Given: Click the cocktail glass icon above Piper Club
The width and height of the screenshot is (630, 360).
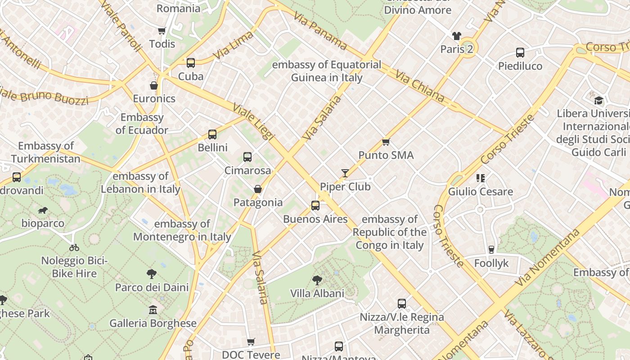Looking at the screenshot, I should (345, 173).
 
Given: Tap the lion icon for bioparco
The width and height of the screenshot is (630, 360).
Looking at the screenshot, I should (43, 210).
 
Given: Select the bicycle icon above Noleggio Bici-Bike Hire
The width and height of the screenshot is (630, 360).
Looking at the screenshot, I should (74, 247).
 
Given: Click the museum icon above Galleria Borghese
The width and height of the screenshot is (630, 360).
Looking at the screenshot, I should (153, 310).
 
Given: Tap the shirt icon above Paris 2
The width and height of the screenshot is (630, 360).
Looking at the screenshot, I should (457, 36).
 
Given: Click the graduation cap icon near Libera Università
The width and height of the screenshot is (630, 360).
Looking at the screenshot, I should (598, 100).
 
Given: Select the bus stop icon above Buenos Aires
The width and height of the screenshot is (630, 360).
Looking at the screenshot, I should (315, 206).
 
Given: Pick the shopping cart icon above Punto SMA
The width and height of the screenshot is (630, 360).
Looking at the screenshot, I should (386, 142).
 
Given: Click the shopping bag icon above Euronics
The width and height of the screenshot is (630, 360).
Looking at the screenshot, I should (154, 85).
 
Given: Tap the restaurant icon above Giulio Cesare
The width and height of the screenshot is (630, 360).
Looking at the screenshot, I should (481, 178).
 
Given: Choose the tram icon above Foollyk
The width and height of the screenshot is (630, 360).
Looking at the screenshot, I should (491, 250).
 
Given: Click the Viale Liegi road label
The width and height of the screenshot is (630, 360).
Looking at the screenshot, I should (253, 121).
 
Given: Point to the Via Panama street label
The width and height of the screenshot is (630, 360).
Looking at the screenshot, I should (320, 31).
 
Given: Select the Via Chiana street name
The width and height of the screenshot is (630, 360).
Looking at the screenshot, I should (420, 86).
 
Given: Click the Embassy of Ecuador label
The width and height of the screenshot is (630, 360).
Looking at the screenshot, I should (142, 124).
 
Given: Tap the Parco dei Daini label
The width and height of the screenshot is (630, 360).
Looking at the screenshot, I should (152, 287).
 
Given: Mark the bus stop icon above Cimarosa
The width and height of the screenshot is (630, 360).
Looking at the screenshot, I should (247, 157).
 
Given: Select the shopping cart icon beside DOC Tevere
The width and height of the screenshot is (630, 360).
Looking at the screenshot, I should (251, 342).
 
